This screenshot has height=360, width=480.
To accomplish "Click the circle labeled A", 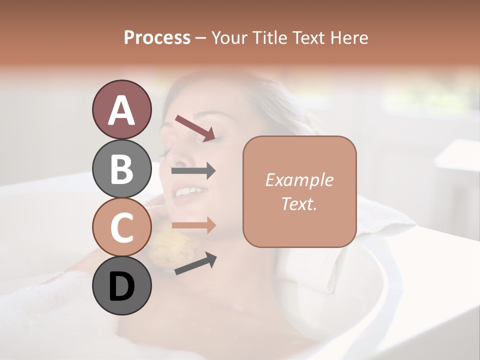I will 121,109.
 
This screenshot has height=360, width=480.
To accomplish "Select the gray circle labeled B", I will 121,168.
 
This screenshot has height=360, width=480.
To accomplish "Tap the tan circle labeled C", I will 121,227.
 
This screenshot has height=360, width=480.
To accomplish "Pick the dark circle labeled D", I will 121,285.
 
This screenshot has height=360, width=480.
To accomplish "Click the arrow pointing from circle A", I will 195,127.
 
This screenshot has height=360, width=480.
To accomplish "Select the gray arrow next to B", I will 193,171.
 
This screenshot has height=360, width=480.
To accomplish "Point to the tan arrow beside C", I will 193,225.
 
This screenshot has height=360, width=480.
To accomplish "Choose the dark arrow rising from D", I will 195,263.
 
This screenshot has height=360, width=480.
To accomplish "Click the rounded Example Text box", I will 299,191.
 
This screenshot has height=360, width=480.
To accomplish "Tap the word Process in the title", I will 157,37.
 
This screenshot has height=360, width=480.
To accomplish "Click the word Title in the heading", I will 270,37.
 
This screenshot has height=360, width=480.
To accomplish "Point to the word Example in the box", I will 299,180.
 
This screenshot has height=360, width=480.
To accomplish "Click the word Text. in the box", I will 299,203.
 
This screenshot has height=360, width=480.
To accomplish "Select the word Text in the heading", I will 307,37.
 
